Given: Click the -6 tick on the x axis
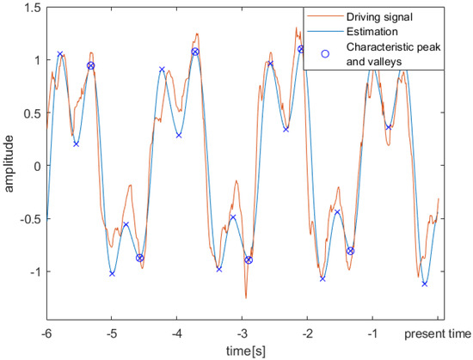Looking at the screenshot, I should coord(47,333).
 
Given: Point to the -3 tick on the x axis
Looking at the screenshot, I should coord(243,333).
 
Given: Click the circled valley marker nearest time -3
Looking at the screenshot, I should coord(249,259).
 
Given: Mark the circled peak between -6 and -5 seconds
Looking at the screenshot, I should coord(90,65).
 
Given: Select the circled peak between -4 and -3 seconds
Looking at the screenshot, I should coord(195,52).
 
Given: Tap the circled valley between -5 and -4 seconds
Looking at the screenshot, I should coord(140,257).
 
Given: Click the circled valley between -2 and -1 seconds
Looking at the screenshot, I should coord(350,251).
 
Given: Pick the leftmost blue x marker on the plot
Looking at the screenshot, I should coord(60,54).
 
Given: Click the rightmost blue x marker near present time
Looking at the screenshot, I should coord(425,284).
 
